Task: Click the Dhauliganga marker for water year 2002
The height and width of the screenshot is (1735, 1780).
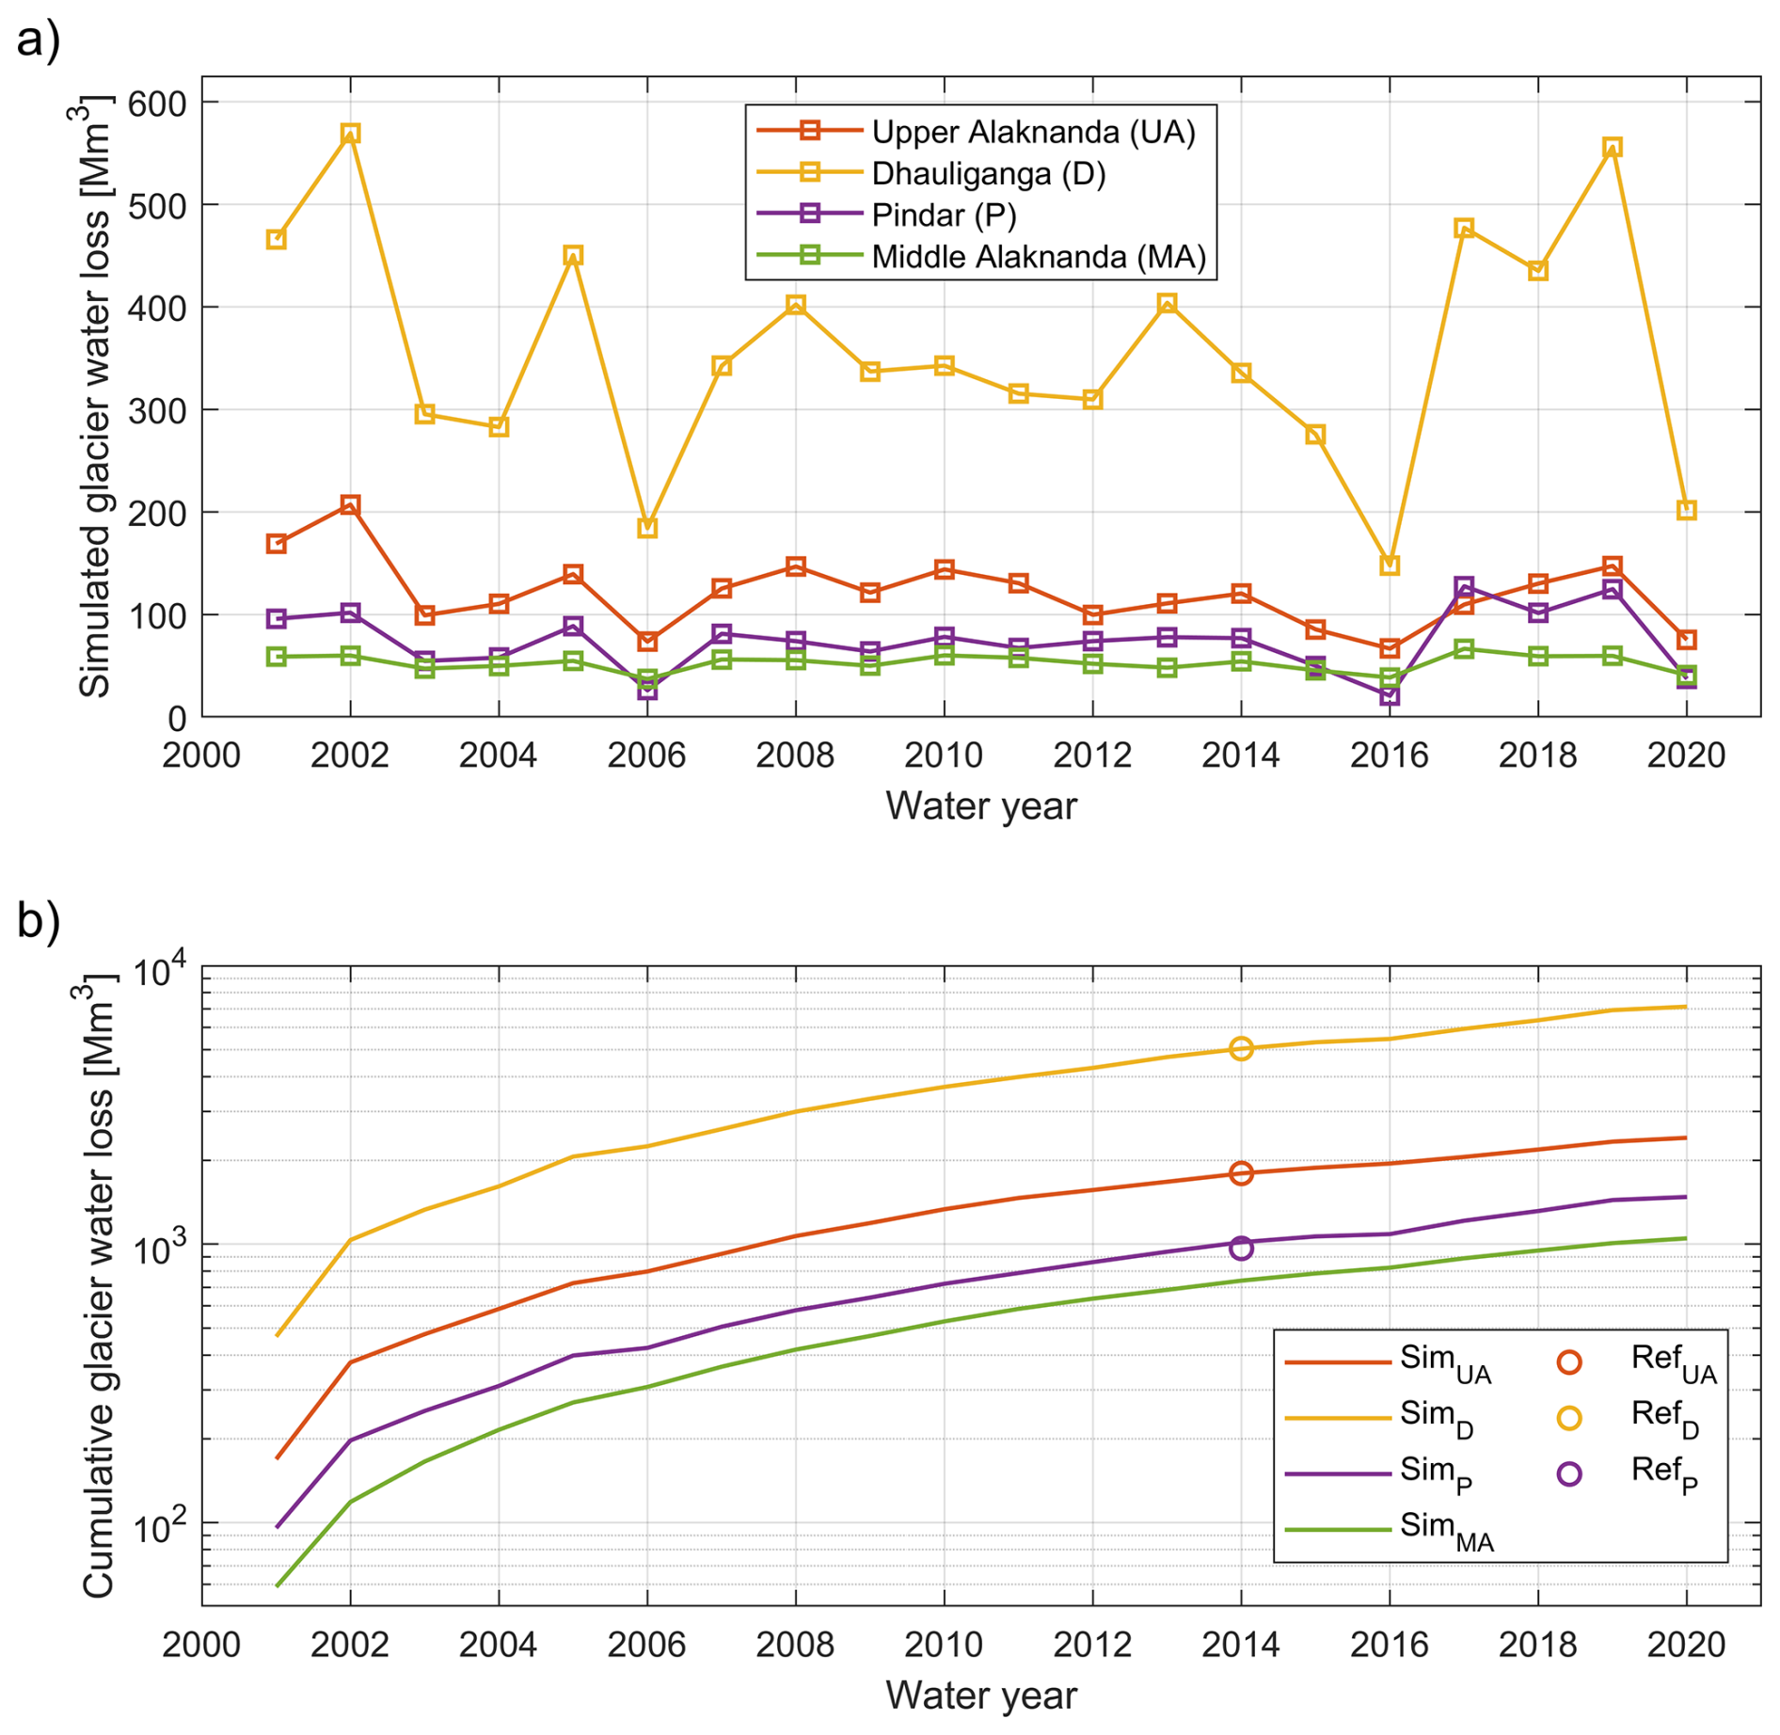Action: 350,134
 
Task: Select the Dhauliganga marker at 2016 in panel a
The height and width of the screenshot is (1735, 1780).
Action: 1390,565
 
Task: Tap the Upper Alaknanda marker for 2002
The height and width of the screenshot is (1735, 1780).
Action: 350,505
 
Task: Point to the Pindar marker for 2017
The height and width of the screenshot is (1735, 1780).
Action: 1464,587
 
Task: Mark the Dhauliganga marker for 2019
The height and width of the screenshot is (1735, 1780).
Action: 1613,147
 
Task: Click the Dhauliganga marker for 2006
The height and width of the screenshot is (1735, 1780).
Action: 647,529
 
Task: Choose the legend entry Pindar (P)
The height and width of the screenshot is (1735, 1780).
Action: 944,215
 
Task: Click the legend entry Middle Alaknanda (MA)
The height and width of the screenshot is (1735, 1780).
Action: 1039,257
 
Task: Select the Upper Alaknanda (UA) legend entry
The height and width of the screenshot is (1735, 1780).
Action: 1033,133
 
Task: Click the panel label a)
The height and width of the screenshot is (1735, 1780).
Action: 39,40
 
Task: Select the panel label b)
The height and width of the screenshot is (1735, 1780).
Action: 39,920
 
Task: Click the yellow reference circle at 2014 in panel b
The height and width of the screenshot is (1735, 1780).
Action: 1241,1048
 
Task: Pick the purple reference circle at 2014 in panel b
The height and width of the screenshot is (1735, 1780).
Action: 1241,1248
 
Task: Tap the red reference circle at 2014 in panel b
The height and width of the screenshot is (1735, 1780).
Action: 1241,1173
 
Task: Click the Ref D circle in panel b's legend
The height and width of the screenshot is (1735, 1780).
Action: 1569,1419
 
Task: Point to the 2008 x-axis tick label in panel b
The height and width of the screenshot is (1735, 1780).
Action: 795,1645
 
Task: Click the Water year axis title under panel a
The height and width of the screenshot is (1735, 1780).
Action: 981,806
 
